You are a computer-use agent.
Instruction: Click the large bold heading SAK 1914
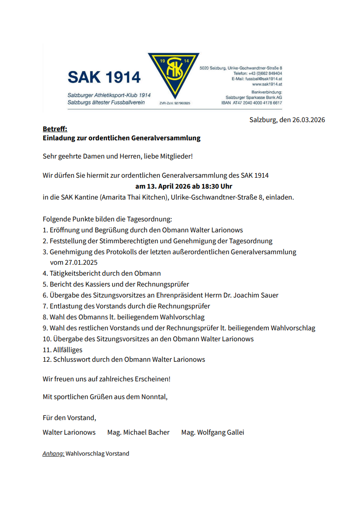tap(104, 77)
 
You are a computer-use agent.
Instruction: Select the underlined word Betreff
tap(55, 129)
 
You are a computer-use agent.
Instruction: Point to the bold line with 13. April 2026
tap(184, 186)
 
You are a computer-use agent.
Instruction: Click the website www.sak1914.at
tap(267, 84)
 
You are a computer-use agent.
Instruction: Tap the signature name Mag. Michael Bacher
tap(138, 432)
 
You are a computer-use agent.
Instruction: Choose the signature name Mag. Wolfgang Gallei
tap(212, 432)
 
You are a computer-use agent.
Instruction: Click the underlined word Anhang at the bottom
tap(53, 454)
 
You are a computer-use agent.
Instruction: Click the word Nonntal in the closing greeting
tap(154, 397)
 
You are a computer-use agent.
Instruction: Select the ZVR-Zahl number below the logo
tap(181, 103)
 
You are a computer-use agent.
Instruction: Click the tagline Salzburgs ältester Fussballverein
tap(106, 103)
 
